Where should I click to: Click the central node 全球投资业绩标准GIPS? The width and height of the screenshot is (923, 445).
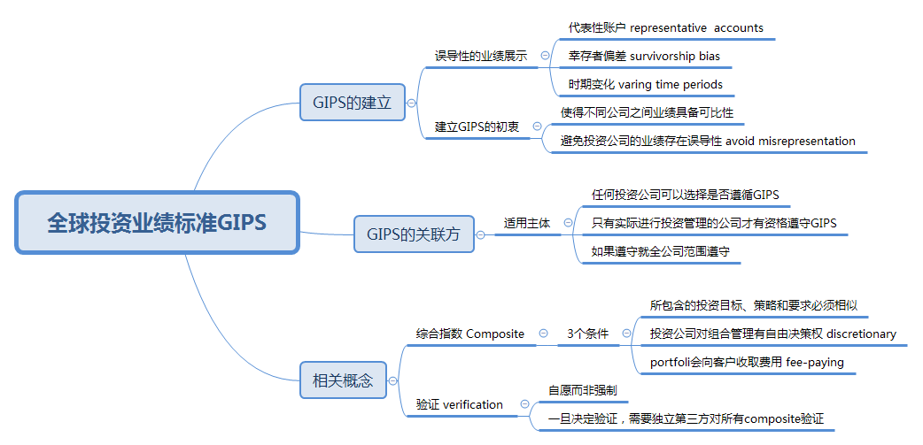click(157, 222)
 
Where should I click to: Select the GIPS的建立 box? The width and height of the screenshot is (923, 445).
click(352, 103)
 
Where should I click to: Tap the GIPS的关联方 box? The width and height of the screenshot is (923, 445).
click(414, 234)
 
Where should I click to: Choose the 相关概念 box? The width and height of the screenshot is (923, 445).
click(343, 381)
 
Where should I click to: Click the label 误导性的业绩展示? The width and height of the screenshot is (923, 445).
click(480, 56)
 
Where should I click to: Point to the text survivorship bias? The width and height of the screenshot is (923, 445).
click(674, 56)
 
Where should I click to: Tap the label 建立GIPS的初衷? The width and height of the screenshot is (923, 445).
click(477, 127)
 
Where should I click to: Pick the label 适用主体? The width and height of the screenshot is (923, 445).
click(526, 223)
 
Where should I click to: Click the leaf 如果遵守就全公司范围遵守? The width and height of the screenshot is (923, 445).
click(660, 251)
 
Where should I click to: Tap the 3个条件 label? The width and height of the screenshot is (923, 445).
click(587, 334)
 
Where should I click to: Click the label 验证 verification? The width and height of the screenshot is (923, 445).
click(459, 404)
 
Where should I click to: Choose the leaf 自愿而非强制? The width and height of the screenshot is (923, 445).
click(582, 390)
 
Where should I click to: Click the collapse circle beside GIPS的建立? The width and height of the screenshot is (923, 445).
click(411, 103)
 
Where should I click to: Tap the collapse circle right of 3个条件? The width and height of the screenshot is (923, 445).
click(626, 334)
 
